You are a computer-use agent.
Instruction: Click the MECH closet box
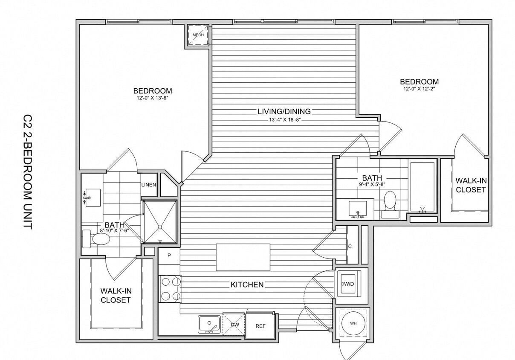(x=198, y=35)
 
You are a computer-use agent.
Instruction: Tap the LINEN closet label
(x=148, y=185)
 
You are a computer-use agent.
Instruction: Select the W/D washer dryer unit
(x=349, y=283)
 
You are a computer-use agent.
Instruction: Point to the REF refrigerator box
(x=260, y=326)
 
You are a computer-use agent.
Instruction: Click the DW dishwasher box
(x=234, y=325)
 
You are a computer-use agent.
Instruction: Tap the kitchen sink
(x=209, y=324)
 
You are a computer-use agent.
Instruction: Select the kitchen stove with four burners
(x=170, y=289)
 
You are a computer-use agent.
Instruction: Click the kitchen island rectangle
(x=243, y=257)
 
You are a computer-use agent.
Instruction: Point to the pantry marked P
(x=169, y=256)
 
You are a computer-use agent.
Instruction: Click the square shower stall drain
(x=159, y=227)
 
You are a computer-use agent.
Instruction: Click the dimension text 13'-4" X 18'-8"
(x=284, y=120)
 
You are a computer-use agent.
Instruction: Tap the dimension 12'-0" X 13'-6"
(x=153, y=98)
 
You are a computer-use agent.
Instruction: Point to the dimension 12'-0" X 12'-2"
(x=419, y=89)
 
